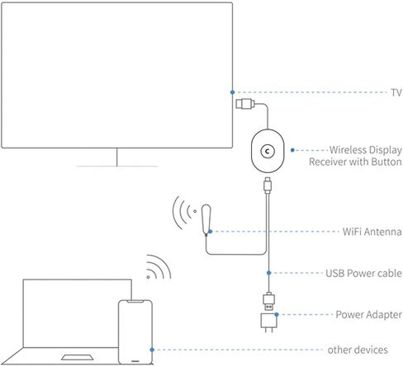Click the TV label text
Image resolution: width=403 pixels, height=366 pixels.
[396, 92]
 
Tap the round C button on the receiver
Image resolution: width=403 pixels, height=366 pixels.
[268, 151]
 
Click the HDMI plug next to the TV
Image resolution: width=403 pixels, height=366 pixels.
[245, 104]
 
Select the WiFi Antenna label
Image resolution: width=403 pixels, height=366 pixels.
[372, 232]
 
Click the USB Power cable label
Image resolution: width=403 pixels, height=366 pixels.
[363, 273]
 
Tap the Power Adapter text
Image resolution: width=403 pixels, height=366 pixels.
[368, 314]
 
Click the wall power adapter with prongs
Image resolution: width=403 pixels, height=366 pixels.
[268, 322]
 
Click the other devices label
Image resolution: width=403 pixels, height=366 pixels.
[358, 350]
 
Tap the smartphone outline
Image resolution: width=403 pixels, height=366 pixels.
[135, 332]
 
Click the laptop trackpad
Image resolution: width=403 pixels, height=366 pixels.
[78, 357]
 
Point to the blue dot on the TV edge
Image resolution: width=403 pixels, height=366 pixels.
[232, 92]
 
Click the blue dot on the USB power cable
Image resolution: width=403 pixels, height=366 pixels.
[268, 273]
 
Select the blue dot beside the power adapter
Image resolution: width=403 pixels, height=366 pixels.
[277, 315]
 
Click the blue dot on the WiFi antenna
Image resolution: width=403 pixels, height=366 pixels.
[210, 232]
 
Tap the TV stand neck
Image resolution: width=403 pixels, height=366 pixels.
[117, 157]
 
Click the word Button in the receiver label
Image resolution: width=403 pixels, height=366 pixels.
[386, 162]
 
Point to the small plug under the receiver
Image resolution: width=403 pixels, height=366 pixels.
[268, 185]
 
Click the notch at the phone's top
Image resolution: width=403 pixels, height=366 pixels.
[135, 302]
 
